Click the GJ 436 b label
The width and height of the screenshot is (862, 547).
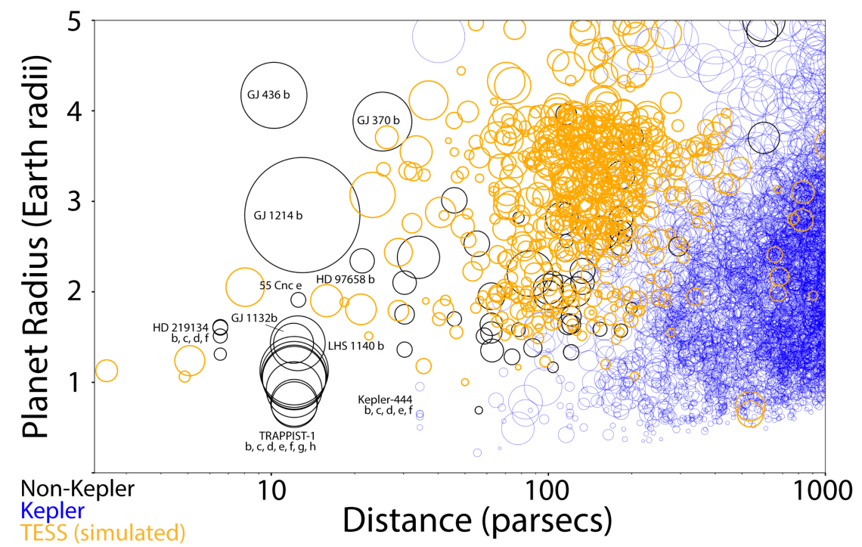click(269, 95)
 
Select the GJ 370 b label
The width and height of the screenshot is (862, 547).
click(378, 120)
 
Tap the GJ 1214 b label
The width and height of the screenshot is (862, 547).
click(278, 216)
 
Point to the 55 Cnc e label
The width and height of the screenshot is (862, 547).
click(281, 285)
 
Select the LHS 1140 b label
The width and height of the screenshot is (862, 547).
click(356, 346)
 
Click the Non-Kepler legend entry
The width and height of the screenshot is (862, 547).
click(77, 489)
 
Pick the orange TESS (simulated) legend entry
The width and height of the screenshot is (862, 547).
click(101, 533)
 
